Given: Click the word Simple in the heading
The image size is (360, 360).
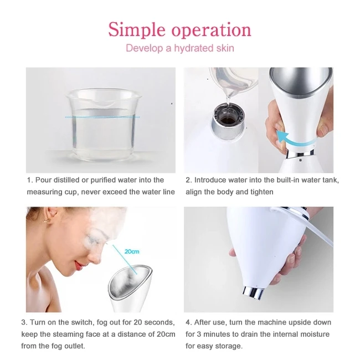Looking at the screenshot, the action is [137, 30].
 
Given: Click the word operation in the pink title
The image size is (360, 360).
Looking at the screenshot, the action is [212, 30].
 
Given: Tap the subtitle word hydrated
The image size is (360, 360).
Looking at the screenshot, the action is [194, 48].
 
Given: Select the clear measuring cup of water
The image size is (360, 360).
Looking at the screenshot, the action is [102, 124].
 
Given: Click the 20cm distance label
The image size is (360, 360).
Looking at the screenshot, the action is [132, 251].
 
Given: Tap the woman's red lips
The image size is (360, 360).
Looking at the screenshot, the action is [79, 265].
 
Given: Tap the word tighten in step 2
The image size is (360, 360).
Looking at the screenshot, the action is [262, 192].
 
